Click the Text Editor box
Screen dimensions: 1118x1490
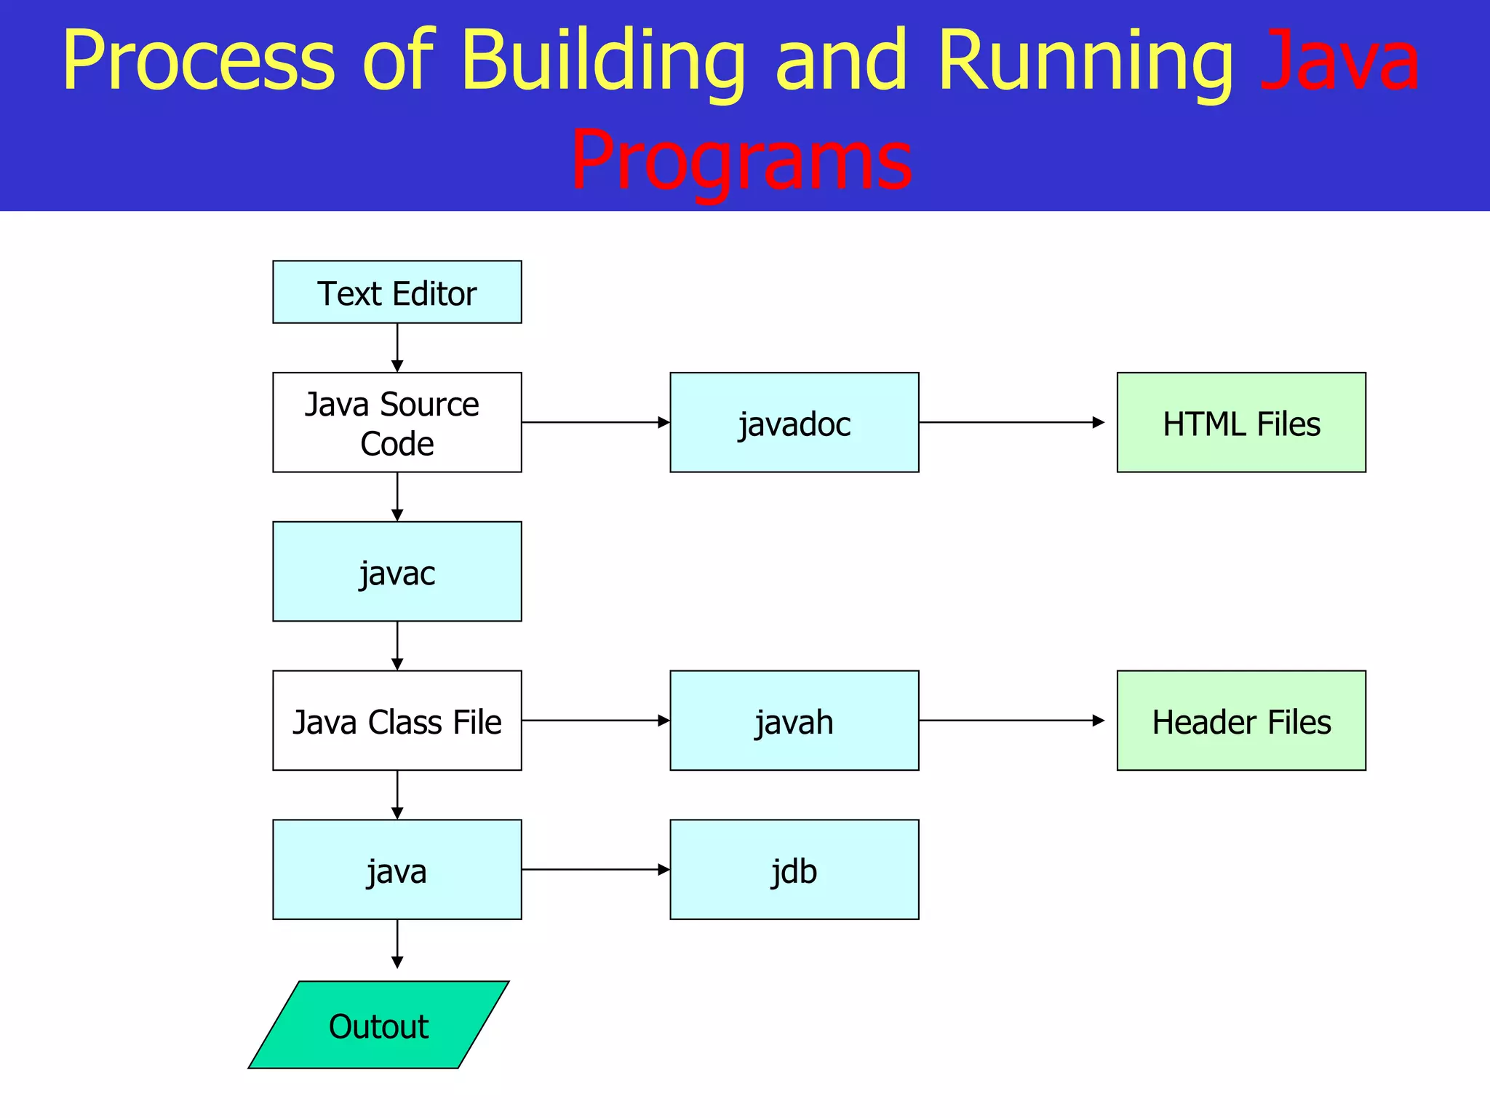(x=397, y=292)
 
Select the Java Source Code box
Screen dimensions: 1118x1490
(x=397, y=422)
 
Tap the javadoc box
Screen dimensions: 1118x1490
(x=794, y=422)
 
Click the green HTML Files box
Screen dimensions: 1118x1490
(x=1241, y=422)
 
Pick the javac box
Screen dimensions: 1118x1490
(x=397, y=571)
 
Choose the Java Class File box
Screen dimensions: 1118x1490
(x=397, y=721)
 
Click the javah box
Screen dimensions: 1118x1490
(x=794, y=721)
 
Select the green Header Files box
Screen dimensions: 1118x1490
(x=1241, y=721)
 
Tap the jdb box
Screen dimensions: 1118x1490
(x=794, y=870)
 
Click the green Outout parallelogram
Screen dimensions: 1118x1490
(x=378, y=1025)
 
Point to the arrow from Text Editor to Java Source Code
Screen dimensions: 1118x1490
(x=397, y=348)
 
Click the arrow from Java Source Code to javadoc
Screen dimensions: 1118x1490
(x=595, y=422)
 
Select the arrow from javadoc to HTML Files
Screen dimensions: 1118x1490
(x=1011, y=422)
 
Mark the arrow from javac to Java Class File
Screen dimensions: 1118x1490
(x=397, y=646)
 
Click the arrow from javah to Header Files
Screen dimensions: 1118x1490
(x=1011, y=721)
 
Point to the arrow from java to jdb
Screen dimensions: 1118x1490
(x=595, y=870)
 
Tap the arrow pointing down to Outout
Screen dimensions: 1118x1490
(x=397, y=944)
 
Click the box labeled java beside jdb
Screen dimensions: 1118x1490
(x=397, y=870)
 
